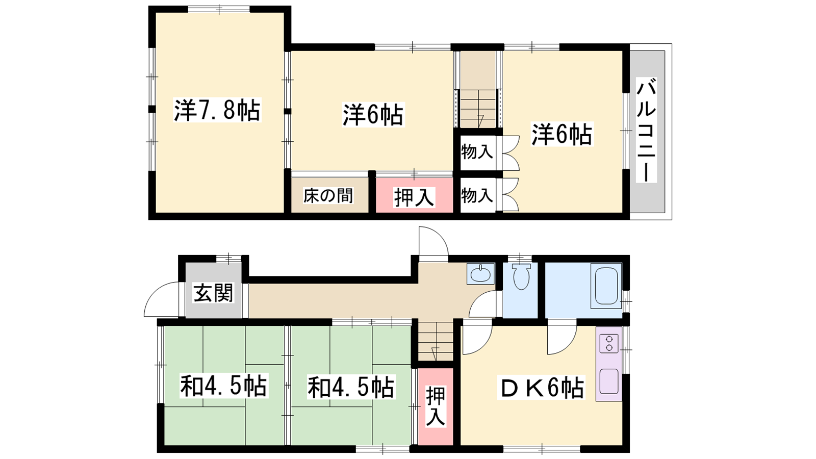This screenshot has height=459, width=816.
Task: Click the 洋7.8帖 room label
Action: point(217,110)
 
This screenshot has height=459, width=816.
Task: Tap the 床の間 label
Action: point(328,196)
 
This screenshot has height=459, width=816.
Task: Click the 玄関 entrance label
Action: point(213,293)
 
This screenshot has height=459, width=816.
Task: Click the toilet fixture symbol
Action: point(521,276)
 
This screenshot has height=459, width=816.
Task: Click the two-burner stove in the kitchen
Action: point(609,344)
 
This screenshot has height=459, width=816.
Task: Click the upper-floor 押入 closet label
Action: point(414,197)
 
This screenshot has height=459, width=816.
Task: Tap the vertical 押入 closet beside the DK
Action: point(436,406)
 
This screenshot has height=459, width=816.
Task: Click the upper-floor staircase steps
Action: point(478,109)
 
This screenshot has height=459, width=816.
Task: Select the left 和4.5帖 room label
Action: point(224,386)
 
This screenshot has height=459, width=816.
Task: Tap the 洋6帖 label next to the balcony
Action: point(562,134)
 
